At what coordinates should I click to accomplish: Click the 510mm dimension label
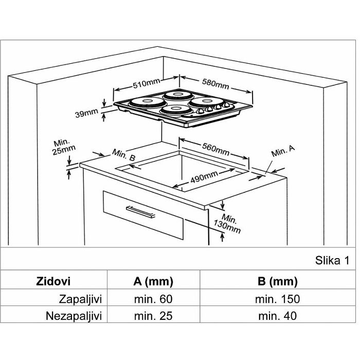pyautogui.click(x=146, y=83)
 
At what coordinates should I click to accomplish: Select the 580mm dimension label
pyautogui.click(x=215, y=84)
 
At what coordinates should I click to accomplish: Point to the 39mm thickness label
pyautogui.click(x=86, y=113)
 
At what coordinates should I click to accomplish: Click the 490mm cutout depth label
pyautogui.click(x=204, y=177)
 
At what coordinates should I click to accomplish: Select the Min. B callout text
pyautogui.click(x=124, y=155)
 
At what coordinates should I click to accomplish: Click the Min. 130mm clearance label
pyautogui.click(x=227, y=223)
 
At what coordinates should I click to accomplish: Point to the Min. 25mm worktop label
pyautogui.click(x=63, y=147)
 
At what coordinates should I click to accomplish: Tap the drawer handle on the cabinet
pyautogui.click(x=140, y=212)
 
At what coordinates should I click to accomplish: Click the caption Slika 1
pyautogui.click(x=332, y=260)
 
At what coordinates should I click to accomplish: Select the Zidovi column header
pyautogui.click(x=53, y=281)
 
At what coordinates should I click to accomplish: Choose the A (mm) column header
pyautogui.click(x=153, y=281)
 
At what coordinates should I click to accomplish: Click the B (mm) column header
pyautogui.click(x=278, y=281)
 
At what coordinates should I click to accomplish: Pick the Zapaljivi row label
pyautogui.click(x=80, y=299)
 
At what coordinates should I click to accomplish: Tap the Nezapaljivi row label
pyautogui.click(x=74, y=316)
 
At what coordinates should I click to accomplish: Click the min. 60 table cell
pyautogui.click(x=153, y=299)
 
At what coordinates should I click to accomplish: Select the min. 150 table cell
pyautogui.click(x=277, y=299)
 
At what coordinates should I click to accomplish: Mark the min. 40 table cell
pyautogui.click(x=277, y=316)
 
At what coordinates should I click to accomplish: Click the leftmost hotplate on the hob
pyautogui.click(x=147, y=102)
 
